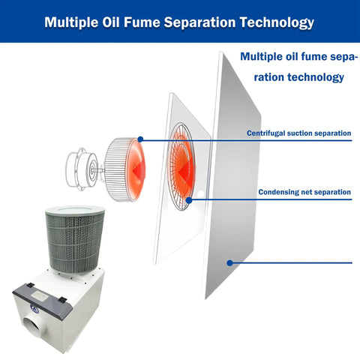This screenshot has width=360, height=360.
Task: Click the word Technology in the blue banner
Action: pos(277,22)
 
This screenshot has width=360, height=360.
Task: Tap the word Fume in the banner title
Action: pos(142,22)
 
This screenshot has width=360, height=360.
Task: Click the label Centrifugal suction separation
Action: pos(298,133)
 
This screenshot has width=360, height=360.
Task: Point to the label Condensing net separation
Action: pos(304,192)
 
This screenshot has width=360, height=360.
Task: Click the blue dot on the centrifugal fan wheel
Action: pos(140,139)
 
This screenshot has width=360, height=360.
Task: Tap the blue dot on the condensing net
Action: pos(189,200)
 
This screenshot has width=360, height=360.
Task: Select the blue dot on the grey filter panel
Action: pos(229,262)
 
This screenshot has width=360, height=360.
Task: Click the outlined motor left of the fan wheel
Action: pos(82,169)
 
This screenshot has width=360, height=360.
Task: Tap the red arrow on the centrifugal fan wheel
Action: pos(139,170)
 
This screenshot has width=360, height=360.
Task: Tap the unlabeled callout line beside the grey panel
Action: pos(291,262)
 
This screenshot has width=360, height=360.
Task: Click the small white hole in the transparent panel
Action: pos(200,193)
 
